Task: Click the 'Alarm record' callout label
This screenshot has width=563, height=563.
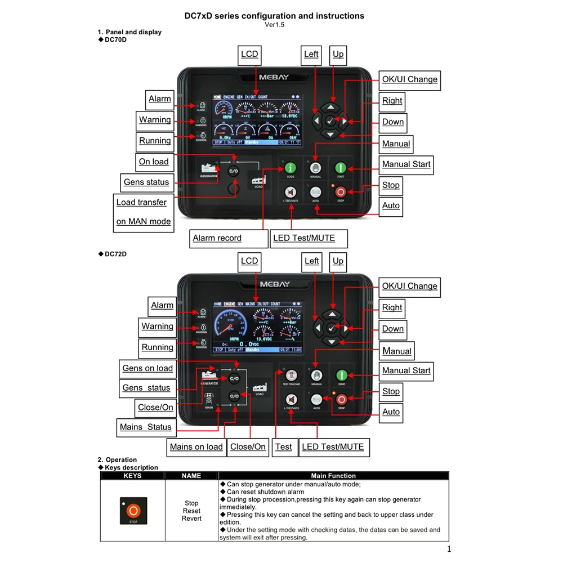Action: (217, 238)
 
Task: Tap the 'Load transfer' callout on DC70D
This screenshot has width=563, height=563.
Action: (142, 203)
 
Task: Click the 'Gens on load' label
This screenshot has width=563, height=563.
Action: (148, 368)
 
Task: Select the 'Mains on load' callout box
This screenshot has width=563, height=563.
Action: (196, 447)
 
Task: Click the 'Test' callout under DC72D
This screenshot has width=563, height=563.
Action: (284, 447)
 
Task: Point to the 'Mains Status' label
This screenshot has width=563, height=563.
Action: (146, 427)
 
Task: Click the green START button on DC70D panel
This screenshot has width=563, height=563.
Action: (341, 168)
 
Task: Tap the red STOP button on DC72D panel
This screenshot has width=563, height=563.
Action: (341, 399)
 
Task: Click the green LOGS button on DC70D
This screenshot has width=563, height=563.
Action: (291, 168)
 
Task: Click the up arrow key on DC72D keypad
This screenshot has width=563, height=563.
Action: (332, 315)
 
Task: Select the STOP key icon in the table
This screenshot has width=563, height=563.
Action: (133, 511)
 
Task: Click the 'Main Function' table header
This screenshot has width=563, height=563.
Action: (333, 476)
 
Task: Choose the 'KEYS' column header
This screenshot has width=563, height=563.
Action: (132, 476)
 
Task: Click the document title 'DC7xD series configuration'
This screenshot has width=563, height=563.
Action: (275, 16)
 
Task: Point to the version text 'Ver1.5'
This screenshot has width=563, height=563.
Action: (275, 25)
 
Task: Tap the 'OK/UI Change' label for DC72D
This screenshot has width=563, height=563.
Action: (410, 286)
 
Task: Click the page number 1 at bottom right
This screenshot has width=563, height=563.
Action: (449, 549)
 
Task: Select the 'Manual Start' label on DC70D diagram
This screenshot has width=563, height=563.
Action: (406, 164)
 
